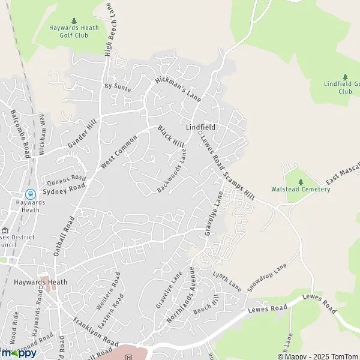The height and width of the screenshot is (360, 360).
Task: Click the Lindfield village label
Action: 200,128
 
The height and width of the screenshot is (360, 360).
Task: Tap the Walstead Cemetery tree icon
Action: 301,181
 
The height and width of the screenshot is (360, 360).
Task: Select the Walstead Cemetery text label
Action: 301,190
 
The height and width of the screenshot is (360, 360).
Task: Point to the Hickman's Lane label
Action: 177,88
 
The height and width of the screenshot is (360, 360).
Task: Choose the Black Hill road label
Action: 171,137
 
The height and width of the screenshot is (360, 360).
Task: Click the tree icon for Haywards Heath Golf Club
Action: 74,21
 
